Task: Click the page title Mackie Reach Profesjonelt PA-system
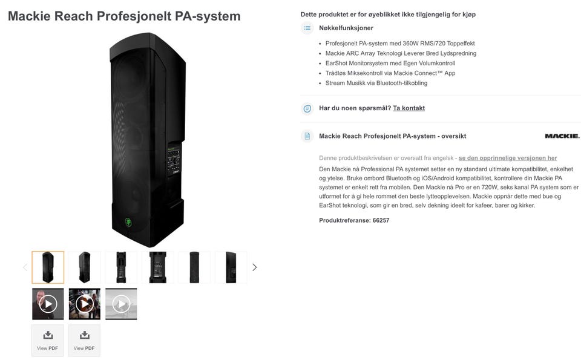click(x=124, y=16)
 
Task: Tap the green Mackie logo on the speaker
click(x=128, y=221)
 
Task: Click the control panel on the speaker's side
click(x=174, y=160)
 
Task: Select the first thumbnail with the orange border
click(x=48, y=267)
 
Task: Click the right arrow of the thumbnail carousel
click(x=254, y=267)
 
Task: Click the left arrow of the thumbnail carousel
click(x=25, y=267)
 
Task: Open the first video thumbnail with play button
click(x=48, y=304)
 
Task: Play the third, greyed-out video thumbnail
click(x=121, y=304)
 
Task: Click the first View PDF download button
click(x=48, y=340)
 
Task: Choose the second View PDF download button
click(x=84, y=340)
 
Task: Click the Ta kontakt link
click(x=409, y=108)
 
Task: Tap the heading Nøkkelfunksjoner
click(x=346, y=28)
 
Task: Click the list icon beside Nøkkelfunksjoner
click(x=307, y=28)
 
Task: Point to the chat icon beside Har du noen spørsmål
click(x=307, y=108)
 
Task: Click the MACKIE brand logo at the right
click(x=562, y=136)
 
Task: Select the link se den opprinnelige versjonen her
click(x=507, y=158)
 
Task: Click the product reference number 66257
click(x=381, y=220)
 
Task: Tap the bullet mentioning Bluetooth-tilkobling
click(x=376, y=83)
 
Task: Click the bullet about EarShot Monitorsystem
click(x=390, y=63)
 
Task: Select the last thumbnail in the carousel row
click(x=231, y=267)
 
